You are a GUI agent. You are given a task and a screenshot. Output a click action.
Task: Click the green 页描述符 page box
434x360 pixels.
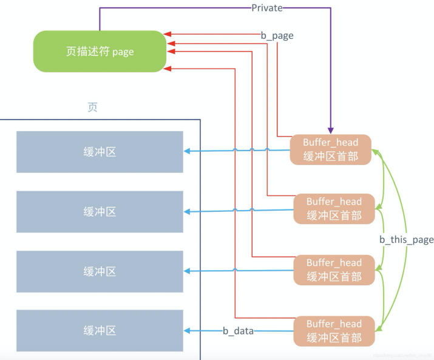(100, 52)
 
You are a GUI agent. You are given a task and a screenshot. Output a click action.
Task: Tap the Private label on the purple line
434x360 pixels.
(267, 8)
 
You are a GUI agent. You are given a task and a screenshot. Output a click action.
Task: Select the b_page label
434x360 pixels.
(277, 35)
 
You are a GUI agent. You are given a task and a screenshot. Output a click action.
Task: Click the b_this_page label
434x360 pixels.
(406, 240)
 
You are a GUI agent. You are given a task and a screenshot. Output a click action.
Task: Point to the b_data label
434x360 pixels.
(238, 331)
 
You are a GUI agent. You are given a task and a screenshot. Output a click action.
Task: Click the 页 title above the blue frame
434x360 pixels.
(92, 107)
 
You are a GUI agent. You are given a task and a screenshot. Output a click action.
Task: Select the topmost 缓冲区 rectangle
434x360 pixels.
(100, 152)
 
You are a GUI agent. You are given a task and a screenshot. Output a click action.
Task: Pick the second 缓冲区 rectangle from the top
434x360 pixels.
(100, 211)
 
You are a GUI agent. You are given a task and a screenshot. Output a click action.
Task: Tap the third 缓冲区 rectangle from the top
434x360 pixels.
(100, 271)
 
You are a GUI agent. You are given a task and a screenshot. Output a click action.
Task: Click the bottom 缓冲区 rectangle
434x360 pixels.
(100, 331)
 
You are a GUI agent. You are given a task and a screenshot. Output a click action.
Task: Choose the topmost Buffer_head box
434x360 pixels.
(330, 149)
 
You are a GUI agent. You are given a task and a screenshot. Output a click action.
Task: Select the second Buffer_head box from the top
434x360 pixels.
(333, 208)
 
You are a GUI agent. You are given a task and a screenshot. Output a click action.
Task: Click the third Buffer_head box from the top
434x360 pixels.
(333, 270)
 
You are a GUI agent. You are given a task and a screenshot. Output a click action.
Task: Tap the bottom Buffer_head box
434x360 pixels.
(333, 331)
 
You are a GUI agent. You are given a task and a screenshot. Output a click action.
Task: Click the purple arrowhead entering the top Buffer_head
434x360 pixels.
(331, 131)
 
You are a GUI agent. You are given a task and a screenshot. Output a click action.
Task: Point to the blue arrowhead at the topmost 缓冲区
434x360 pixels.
(188, 152)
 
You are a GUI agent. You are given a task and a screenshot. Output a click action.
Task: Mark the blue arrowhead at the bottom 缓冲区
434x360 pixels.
(188, 331)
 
